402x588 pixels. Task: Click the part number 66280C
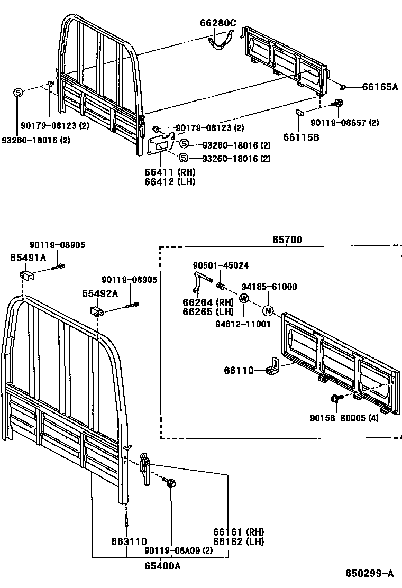pyautogui.click(x=218, y=22)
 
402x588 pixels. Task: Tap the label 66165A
pyautogui.click(x=380, y=87)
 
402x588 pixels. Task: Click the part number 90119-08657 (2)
pyautogui.click(x=344, y=123)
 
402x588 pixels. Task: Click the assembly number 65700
pyautogui.click(x=287, y=240)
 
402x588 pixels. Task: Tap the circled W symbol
pyautogui.click(x=243, y=298)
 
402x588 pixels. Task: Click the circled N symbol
pyautogui.click(x=268, y=310)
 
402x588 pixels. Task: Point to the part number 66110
pyautogui.click(x=239, y=370)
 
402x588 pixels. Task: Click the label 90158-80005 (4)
pyautogui.click(x=344, y=417)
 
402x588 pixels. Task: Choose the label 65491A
pyautogui.click(x=28, y=258)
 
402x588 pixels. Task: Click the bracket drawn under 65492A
pyautogui.click(x=97, y=310)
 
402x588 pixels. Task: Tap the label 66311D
pyautogui.click(x=129, y=541)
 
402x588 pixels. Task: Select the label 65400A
pyautogui.click(x=162, y=566)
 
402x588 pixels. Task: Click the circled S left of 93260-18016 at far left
pyautogui.click(x=17, y=93)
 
